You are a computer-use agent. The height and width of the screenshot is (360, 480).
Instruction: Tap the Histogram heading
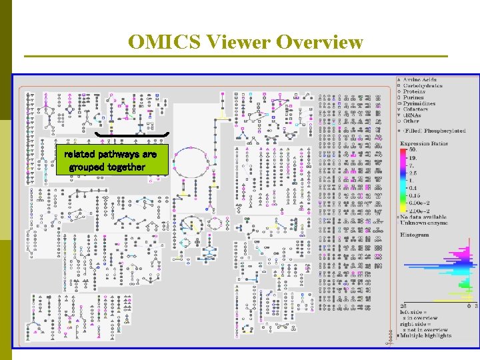point(415,235)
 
